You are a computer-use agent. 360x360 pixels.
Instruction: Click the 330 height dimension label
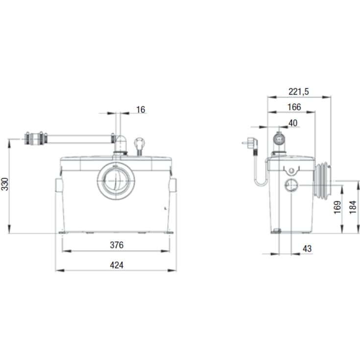(5, 184)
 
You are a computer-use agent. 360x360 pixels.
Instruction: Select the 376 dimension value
(117, 245)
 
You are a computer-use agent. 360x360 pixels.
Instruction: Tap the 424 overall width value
(117, 265)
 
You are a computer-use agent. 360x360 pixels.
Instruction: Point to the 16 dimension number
(141, 110)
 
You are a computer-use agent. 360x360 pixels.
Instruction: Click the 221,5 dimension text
(299, 92)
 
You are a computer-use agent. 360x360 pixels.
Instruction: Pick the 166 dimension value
(294, 107)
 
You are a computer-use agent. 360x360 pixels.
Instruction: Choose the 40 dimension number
(293, 123)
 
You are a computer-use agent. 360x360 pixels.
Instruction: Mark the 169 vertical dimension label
(337, 207)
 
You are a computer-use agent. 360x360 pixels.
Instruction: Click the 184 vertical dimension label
(353, 207)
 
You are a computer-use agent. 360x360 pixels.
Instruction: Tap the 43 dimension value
(307, 249)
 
